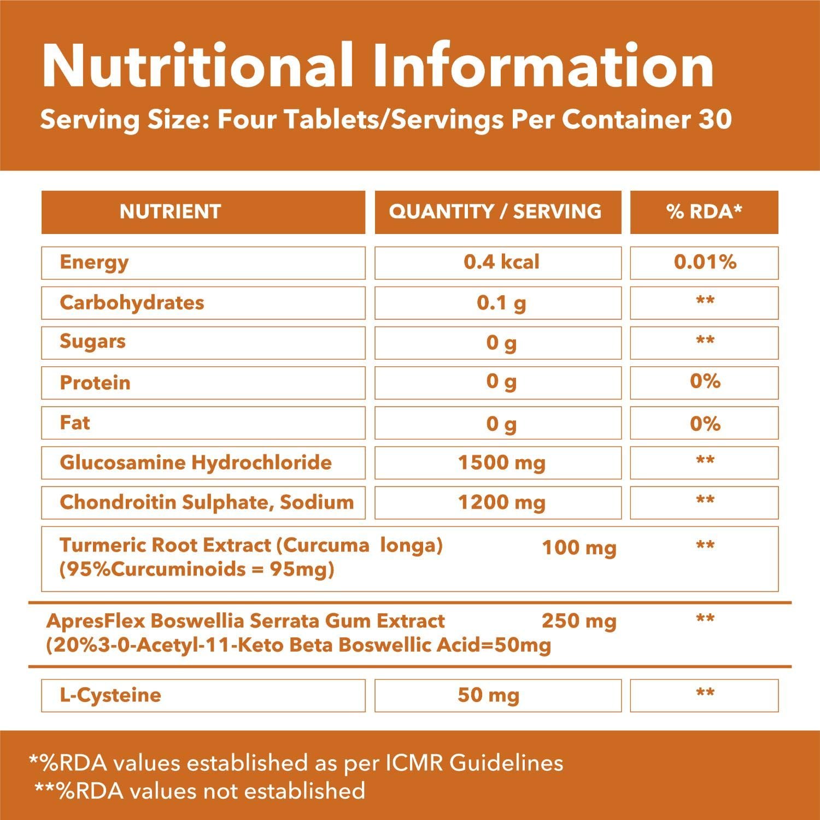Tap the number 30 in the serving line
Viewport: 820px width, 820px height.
tap(714, 119)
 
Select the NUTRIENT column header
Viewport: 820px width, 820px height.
tap(170, 212)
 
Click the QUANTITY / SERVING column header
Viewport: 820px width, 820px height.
tap(495, 212)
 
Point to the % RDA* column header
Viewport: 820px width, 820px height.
tap(704, 212)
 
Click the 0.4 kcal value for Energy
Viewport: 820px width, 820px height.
tap(501, 262)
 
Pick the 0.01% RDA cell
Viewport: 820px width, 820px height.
tap(705, 262)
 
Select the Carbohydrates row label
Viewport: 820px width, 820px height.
tap(132, 302)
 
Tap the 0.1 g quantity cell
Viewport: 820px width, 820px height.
tap(501, 303)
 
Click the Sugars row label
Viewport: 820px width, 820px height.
tap(92, 342)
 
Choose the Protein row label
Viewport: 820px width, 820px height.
tap(95, 383)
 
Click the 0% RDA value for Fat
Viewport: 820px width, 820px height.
tap(705, 423)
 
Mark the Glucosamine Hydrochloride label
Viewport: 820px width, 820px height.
tap(196, 462)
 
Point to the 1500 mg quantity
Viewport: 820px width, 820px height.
tap(501, 463)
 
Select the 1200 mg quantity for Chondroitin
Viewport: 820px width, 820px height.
tap(501, 502)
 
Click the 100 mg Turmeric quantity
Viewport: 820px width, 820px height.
tap(579, 547)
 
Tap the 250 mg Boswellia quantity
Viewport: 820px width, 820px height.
tap(579, 621)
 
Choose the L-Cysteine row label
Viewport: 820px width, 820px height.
tap(110, 695)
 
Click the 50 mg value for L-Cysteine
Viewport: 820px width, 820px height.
tap(488, 695)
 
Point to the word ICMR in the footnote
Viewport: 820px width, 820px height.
tap(417, 763)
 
